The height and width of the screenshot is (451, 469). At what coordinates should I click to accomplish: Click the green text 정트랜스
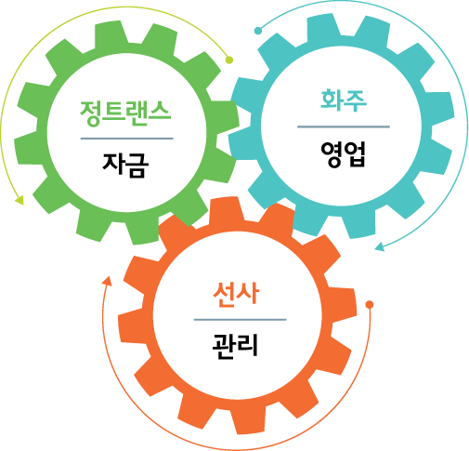(125, 113)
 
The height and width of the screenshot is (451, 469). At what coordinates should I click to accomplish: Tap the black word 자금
(125, 165)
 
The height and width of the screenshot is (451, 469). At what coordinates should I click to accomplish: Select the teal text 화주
(344, 99)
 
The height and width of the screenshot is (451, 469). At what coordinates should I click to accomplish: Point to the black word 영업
(343, 154)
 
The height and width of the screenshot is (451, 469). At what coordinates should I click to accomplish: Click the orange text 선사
(236, 295)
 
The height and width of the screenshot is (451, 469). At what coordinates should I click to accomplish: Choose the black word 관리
(235, 347)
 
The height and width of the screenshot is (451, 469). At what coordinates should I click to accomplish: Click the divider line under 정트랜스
(127, 139)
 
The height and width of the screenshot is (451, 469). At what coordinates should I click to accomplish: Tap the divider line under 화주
(344, 126)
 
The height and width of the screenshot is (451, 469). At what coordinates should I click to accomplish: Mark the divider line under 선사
(241, 320)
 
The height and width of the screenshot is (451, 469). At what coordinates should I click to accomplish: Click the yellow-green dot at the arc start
(229, 60)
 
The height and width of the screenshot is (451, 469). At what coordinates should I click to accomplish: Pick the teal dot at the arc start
(258, 31)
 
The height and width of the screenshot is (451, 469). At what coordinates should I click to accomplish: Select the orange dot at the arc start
(370, 304)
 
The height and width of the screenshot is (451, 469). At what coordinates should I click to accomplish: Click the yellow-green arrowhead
(20, 200)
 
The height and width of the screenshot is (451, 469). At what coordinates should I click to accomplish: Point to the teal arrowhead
(380, 246)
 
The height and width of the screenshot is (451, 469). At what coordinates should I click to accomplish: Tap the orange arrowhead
(107, 281)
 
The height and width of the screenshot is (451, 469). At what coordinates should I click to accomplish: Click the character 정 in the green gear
(91, 113)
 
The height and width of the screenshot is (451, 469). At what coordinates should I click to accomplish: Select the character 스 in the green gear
(160, 113)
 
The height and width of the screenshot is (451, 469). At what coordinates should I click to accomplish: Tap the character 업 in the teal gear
(355, 154)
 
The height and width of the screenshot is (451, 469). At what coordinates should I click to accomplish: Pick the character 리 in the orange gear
(247, 347)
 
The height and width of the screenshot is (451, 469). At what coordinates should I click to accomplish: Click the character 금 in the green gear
(137, 165)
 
